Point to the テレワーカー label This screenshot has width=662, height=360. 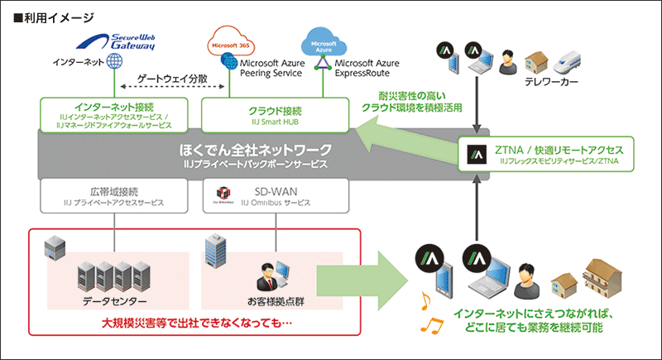click(553, 83)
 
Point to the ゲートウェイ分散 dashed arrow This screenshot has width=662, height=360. click(171, 86)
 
